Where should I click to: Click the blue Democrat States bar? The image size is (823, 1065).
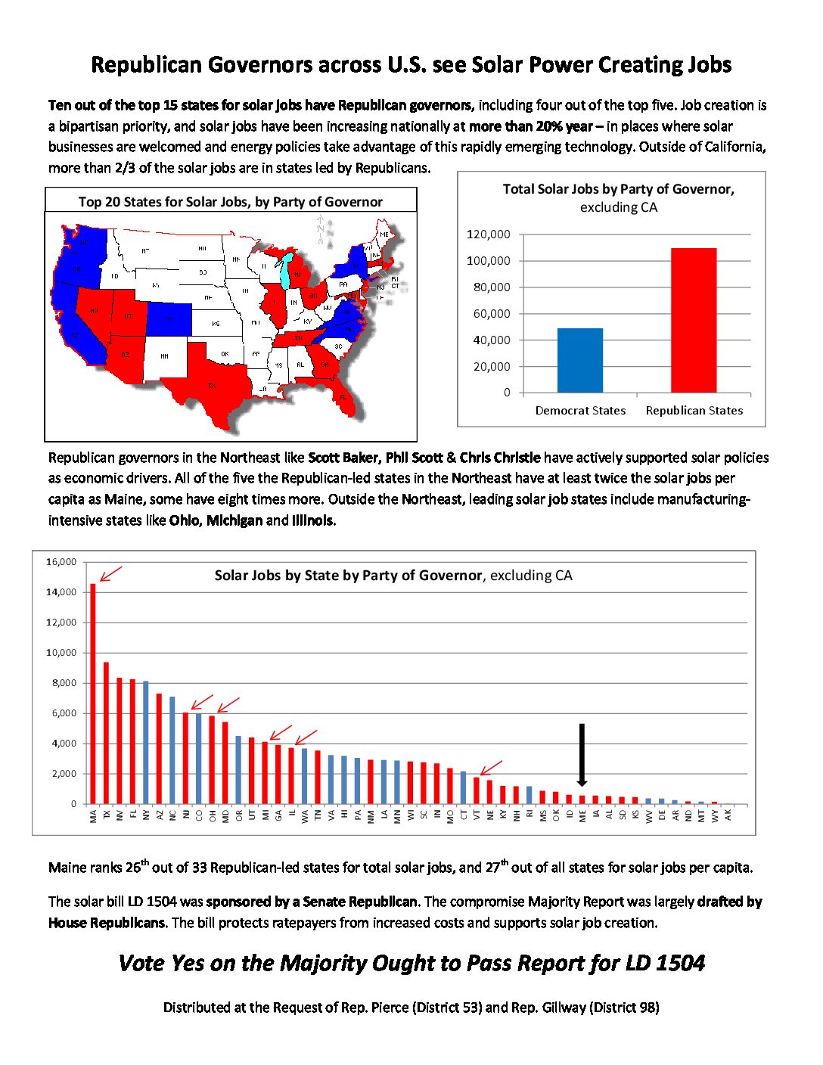[x=580, y=360]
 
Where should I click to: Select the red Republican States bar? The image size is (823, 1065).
[x=694, y=320]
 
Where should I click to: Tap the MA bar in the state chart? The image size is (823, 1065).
[x=93, y=693]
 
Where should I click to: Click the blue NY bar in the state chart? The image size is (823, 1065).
[x=146, y=742]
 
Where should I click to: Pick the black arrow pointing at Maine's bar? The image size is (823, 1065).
[x=582, y=755]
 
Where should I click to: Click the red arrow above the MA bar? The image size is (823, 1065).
[x=110, y=574]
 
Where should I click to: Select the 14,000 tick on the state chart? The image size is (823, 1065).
[x=61, y=592]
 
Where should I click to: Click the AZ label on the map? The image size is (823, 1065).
[x=125, y=355]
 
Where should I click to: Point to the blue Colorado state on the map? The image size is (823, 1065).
[x=169, y=318]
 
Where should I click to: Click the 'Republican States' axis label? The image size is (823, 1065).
[x=694, y=411]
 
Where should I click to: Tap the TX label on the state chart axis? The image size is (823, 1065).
[x=107, y=815]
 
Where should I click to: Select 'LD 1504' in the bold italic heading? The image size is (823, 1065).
[x=665, y=963]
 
